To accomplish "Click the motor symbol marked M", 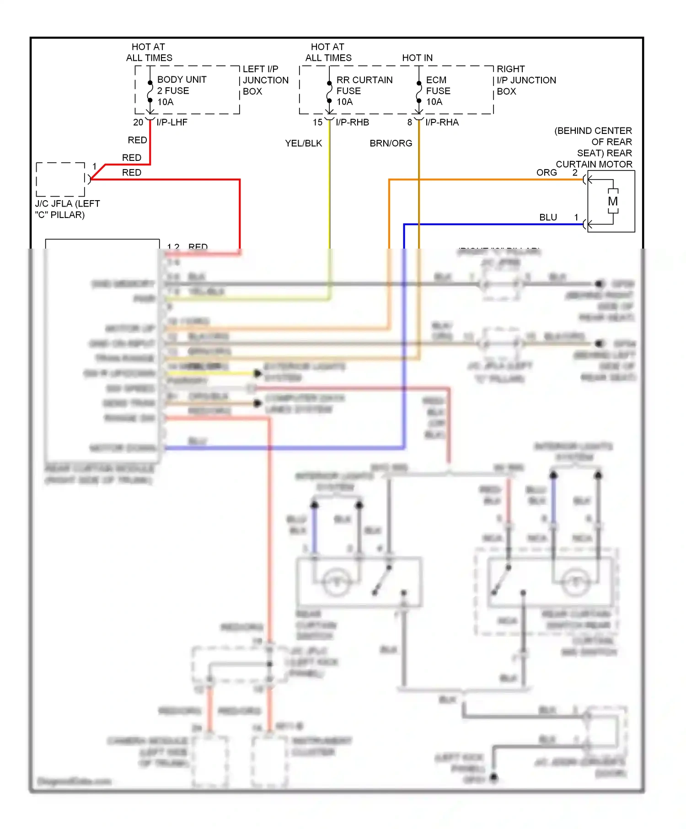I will click(x=613, y=202).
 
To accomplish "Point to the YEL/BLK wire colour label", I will click(x=303, y=143).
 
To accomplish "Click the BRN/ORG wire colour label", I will click(x=391, y=143).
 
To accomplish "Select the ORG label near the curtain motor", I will click(x=547, y=173).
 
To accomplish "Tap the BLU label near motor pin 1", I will click(x=548, y=218).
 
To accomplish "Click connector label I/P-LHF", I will click(x=172, y=122).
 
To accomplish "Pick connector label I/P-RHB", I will click(x=352, y=122).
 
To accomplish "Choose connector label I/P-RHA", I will click(x=442, y=122).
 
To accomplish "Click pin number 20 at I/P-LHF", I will click(x=138, y=122).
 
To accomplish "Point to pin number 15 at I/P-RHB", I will click(x=317, y=122).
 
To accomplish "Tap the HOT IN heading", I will click(x=417, y=58).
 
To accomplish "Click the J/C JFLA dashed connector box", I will click(x=60, y=180).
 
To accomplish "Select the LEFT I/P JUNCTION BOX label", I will click(x=265, y=80).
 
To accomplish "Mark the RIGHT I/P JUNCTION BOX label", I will click(x=526, y=80).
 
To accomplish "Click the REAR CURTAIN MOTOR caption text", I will click(x=594, y=147).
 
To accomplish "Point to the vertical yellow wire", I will click(x=329, y=192).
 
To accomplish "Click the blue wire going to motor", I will click(x=494, y=224).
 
